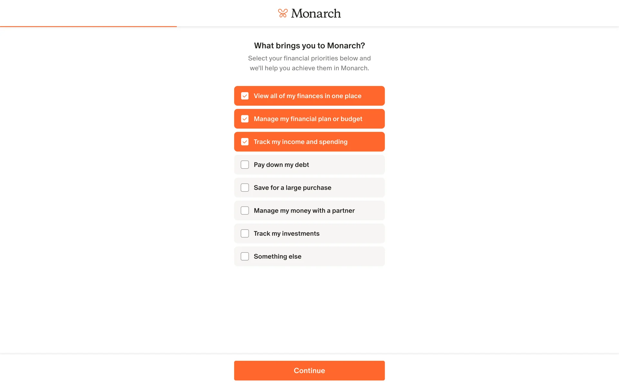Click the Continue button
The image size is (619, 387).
[x=309, y=371]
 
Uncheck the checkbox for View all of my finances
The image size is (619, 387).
[x=245, y=96]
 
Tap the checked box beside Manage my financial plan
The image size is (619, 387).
[x=245, y=119]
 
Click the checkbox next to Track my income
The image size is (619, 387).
[x=245, y=142]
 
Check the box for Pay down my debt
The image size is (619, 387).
[x=245, y=165]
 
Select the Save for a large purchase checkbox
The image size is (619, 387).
[x=245, y=188]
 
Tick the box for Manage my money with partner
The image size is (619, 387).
[x=245, y=211]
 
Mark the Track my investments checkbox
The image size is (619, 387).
[x=245, y=233]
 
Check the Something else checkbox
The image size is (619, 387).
[x=245, y=256]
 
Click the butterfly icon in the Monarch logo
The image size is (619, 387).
[x=283, y=13]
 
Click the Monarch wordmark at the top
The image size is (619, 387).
[x=316, y=13]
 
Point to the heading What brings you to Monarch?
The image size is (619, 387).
[x=309, y=45]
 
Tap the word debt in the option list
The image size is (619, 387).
[x=302, y=165]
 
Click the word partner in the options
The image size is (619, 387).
[x=343, y=211]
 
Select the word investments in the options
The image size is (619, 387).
[x=300, y=233]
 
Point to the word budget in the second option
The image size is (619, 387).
[x=351, y=119]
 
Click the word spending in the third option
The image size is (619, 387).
[x=333, y=142]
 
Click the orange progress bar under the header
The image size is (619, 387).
[x=88, y=26]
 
